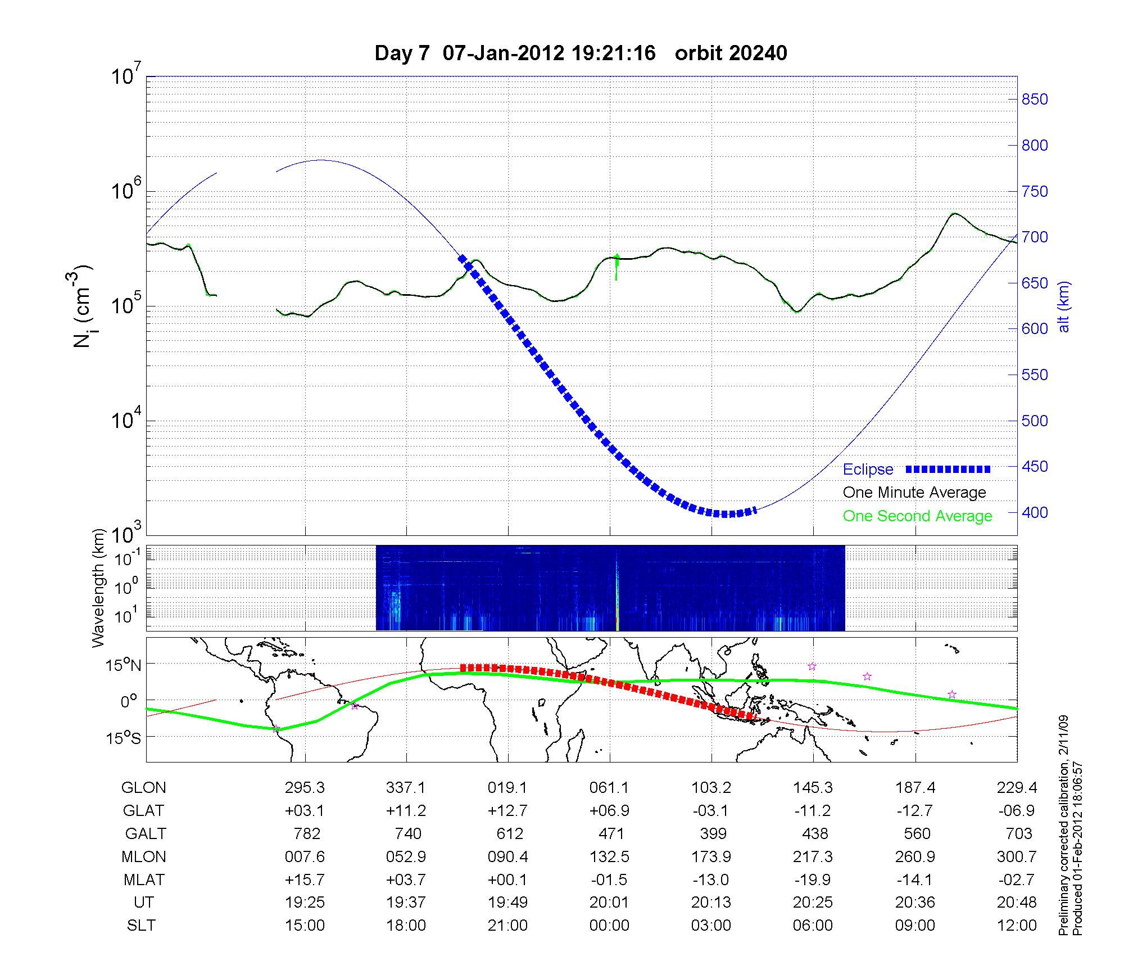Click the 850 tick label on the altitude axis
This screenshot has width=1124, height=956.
click(1035, 100)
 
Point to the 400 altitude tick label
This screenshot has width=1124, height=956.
click(1035, 512)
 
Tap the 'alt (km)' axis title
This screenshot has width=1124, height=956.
click(1064, 306)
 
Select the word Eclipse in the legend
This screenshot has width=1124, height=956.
click(868, 470)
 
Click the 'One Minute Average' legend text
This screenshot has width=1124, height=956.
click(914, 493)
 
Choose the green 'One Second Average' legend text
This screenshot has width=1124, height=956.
click(917, 516)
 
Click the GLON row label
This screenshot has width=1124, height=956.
click(144, 788)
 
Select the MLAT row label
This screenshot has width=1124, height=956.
click(144, 880)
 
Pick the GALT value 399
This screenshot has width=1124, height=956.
click(713, 833)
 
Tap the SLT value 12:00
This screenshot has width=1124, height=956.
click(1017, 925)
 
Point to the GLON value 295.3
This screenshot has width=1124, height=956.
click(305, 788)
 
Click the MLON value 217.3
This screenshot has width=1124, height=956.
click(813, 856)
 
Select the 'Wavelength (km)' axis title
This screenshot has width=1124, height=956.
click(99, 588)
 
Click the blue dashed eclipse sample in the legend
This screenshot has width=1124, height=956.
click(948, 469)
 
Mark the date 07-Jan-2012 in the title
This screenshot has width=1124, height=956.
click(503, 53)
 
